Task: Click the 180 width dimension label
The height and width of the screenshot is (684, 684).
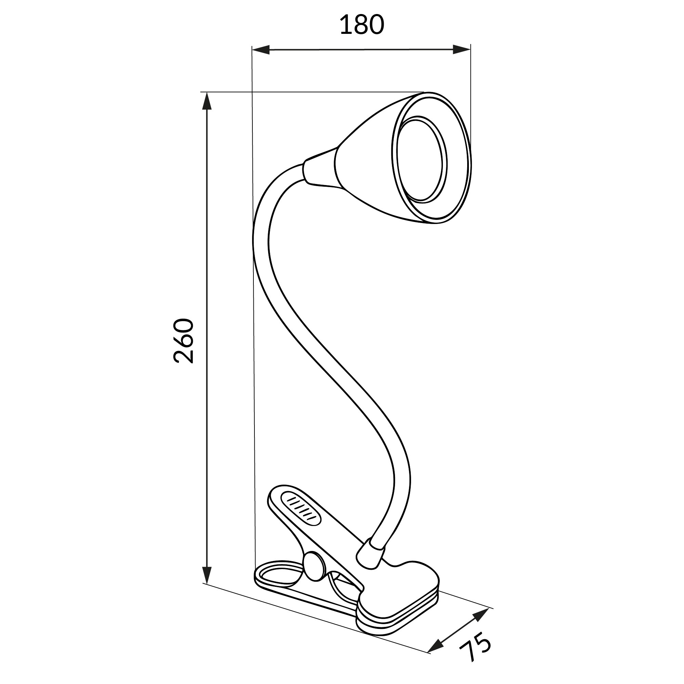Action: click(361, 25)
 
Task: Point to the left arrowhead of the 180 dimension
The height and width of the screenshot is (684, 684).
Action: click(261, 50)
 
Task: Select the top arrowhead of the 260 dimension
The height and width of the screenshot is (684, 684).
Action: click(207, 101)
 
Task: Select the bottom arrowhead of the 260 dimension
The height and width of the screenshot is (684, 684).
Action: click(207, 574)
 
